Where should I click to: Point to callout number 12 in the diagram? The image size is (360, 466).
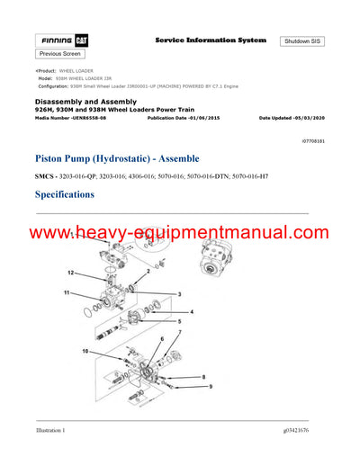pos(71,272)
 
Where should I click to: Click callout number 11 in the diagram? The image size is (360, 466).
pos(66,293)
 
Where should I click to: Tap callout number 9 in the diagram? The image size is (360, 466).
pos(211,386)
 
